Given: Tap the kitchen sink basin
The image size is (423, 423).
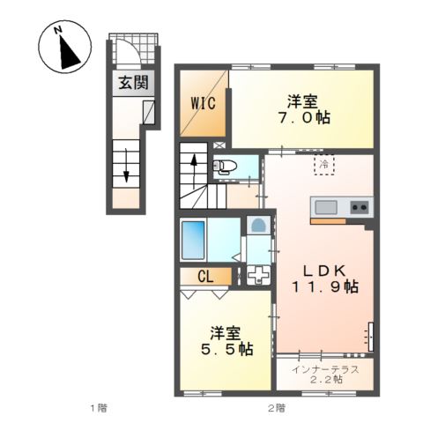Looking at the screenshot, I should click(325, 207).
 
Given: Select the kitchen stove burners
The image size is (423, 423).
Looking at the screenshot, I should click(360, 207).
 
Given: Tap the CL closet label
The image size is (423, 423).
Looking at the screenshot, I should click(205, 277).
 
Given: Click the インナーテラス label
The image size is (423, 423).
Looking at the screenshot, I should click(325, 368).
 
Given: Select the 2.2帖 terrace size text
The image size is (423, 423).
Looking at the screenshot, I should click(325, 382).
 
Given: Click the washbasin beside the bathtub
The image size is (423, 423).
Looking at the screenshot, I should click(258, 226).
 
